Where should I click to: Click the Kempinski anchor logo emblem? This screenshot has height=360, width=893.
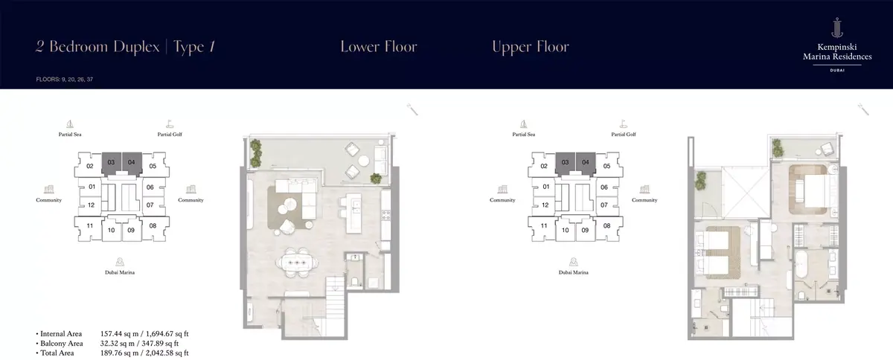(837, 28)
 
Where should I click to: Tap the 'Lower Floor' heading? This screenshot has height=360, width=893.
(379, 47)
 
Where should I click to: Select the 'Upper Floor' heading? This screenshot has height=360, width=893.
(530, 47)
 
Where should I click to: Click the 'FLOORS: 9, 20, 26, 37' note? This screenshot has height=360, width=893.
(65, 80)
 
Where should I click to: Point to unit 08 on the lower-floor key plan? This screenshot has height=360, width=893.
(153, 225)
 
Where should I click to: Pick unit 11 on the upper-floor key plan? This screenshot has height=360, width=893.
(544, 225)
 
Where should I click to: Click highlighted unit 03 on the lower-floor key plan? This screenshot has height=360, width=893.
(111, 162)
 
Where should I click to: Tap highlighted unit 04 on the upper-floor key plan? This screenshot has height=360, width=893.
(585, 162)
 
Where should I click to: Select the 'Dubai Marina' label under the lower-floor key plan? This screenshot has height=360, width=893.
(120, 272)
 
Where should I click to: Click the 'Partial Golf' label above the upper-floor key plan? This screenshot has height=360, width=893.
(624, 135)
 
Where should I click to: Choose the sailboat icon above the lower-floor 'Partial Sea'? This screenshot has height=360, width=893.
(70, 124)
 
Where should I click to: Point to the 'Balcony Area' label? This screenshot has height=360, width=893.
(62, 343)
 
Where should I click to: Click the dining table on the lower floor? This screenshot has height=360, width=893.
(297, 263)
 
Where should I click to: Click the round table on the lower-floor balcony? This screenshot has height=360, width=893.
(364, 161)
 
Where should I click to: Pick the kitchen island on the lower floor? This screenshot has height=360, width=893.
(353, 213)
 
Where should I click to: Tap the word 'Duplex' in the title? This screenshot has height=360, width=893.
(136, 48)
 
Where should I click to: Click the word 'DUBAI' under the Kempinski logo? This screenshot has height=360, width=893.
(837, 70)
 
